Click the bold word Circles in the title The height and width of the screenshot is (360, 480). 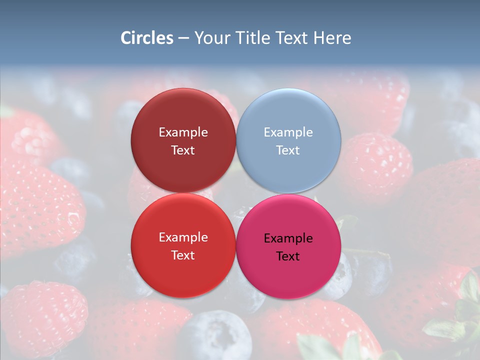pyautogui.click(x=147, y=38)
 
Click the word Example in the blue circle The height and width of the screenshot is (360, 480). pyautogui.click(x=288, y=132)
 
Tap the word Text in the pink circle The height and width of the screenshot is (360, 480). pyautogui.click(x=288, y=256)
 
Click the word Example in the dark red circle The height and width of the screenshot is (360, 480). pyautogui.click(x=183, y=132)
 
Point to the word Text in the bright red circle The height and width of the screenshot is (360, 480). pyautogui.click(x=183, y=255)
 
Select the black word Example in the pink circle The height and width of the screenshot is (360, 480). pyautogui.click(x=288, y=238)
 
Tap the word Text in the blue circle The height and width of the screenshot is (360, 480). pyautogui.click(x=288, y=150)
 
